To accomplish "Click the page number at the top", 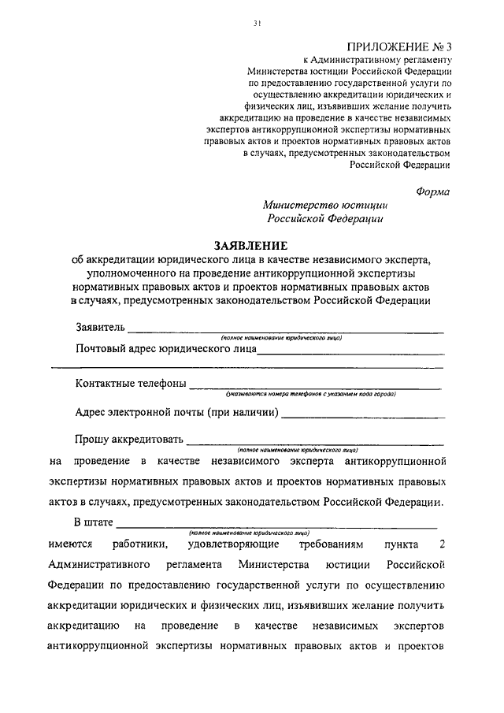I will [x=257, y=24].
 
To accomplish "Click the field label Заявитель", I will [x=100, y=327].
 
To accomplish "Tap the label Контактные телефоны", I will [x=132, y=384].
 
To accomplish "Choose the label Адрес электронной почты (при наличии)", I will [x=178, y=411].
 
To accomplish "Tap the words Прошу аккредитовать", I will [x=129, y=439].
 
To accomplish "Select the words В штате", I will [x=95, y=522].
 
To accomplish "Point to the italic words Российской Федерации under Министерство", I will [x=324, y=220].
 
